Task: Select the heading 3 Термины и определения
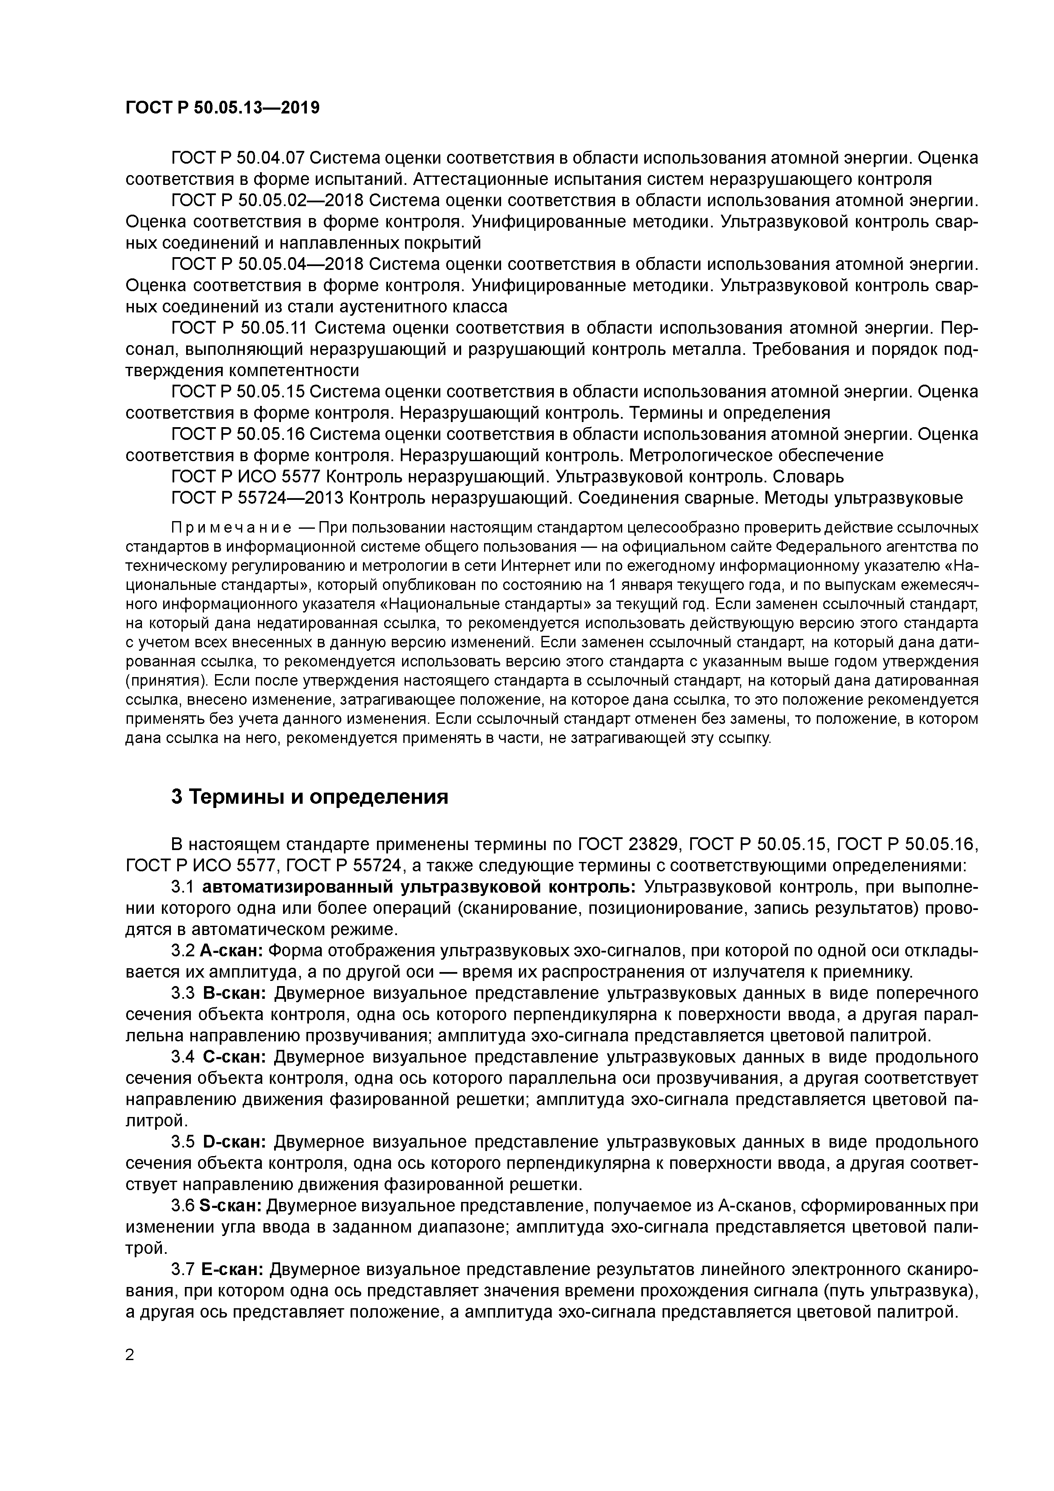coord(310,797)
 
